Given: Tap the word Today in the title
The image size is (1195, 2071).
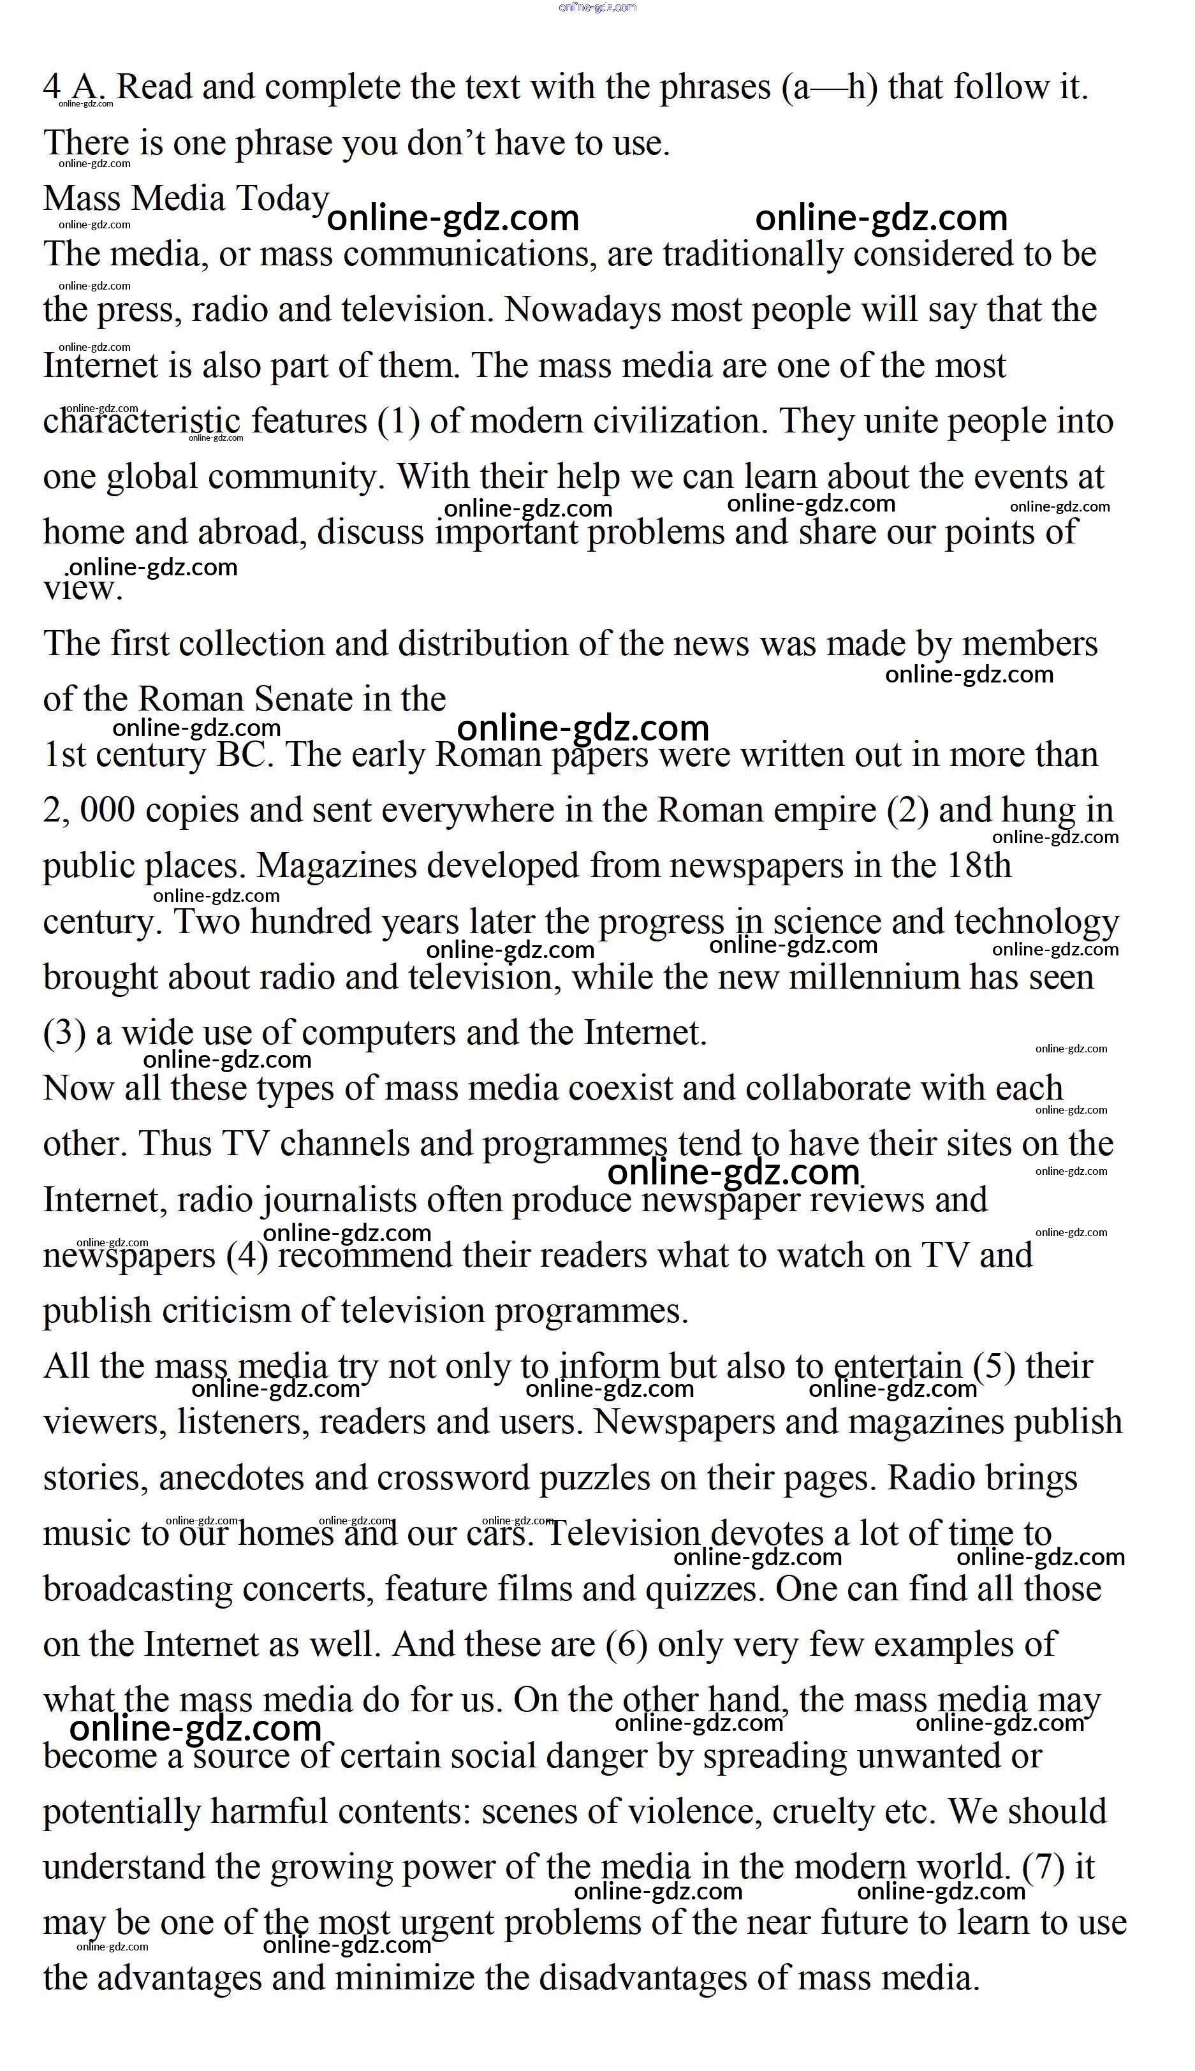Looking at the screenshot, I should tap(282, 198).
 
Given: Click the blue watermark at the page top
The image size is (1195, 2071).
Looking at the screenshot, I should tap(597, 8).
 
